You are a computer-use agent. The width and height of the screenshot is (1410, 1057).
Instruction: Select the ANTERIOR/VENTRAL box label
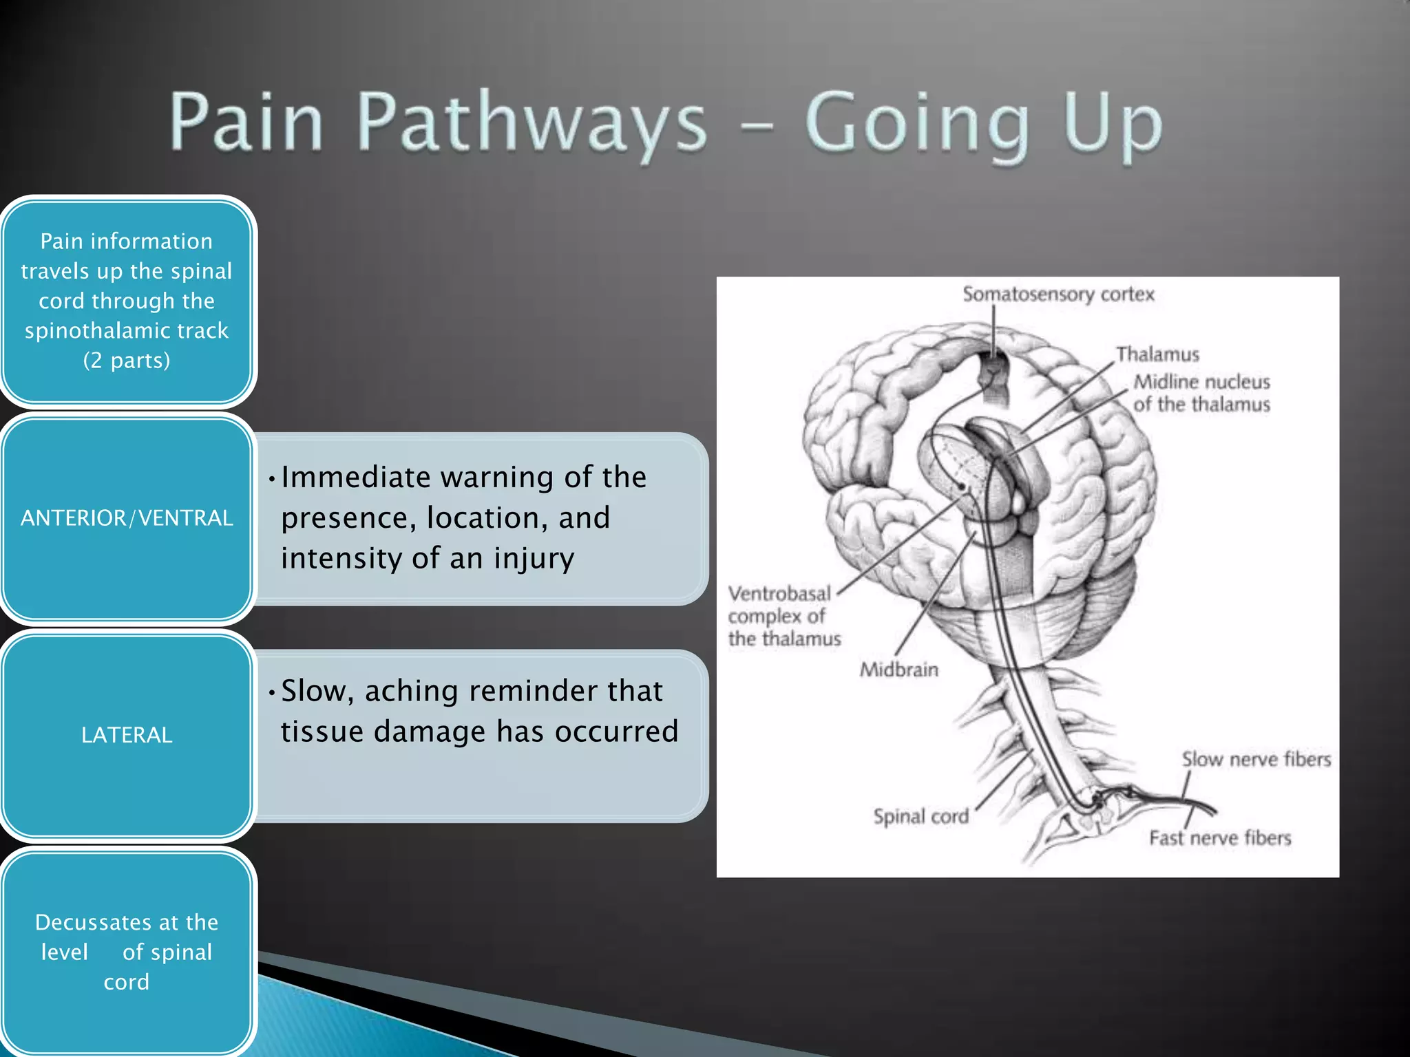pos(127,518)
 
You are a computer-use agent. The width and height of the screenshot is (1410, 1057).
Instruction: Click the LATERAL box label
pos(127,735)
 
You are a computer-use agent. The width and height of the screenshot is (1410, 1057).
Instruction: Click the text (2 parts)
pos(127,361)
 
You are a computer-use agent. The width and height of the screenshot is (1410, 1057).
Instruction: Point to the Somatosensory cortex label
pos(1058,295)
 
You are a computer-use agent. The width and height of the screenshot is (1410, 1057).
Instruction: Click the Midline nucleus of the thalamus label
pos(1201,393)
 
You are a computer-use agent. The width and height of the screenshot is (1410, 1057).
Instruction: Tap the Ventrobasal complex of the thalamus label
pos(783,616)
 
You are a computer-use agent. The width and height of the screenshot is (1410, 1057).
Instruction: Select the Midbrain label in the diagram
pos(898,670)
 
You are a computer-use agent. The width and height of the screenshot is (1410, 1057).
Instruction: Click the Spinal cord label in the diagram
pos(920,817)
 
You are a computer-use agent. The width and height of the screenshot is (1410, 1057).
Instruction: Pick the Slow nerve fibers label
pos(1256,760)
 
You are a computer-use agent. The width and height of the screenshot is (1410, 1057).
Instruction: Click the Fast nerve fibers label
pos(1220,838)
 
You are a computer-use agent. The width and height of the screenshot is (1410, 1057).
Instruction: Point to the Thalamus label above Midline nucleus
pos(1157,354)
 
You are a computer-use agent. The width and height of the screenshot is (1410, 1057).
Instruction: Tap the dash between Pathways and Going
pos(756,126)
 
